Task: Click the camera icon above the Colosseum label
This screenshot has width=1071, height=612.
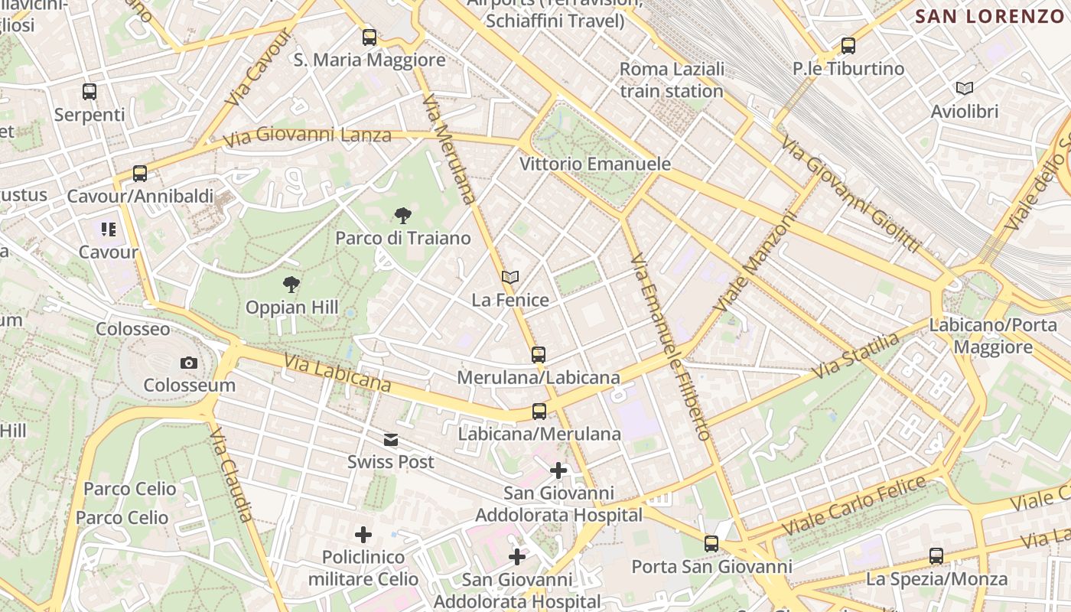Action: (189, 363)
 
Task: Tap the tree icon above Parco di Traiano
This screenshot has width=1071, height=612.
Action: (402, 216)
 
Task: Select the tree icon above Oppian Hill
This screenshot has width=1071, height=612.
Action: (291, 285)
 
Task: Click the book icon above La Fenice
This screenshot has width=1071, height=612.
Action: (510, 277)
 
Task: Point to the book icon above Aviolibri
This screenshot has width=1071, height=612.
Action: (965, 89)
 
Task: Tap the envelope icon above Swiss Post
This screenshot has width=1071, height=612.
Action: (391, 440)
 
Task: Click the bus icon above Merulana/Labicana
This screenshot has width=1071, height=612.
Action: (539, 355)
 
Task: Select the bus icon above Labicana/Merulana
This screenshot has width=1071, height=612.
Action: (539, 412)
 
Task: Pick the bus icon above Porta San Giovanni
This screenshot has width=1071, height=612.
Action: (711, 544)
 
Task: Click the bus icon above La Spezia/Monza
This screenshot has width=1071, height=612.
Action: (936, 556)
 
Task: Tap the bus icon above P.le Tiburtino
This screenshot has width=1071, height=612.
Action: (848, 46)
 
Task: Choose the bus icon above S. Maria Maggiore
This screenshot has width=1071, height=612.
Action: (369, 37)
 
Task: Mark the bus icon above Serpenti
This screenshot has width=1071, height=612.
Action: (90, 92)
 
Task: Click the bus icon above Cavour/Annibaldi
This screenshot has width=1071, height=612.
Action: (140, 173)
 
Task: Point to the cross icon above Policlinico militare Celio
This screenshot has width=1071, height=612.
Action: (363, 535)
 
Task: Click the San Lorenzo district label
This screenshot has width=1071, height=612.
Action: (990, 16)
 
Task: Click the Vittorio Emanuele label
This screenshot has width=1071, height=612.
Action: (595, 164)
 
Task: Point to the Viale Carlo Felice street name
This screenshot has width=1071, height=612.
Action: (854, 506)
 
